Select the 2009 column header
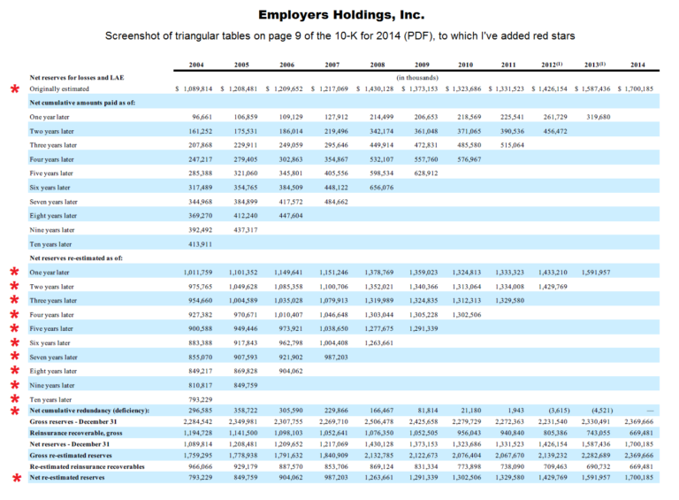point(421,65)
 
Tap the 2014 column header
point(637,65)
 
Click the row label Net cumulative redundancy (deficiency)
point(89,411)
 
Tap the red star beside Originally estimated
point(13,90)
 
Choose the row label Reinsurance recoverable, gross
point(76,434)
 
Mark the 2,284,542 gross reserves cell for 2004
point(195,422)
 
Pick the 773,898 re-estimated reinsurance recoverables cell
point(465,465)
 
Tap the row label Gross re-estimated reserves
point(71,455)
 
